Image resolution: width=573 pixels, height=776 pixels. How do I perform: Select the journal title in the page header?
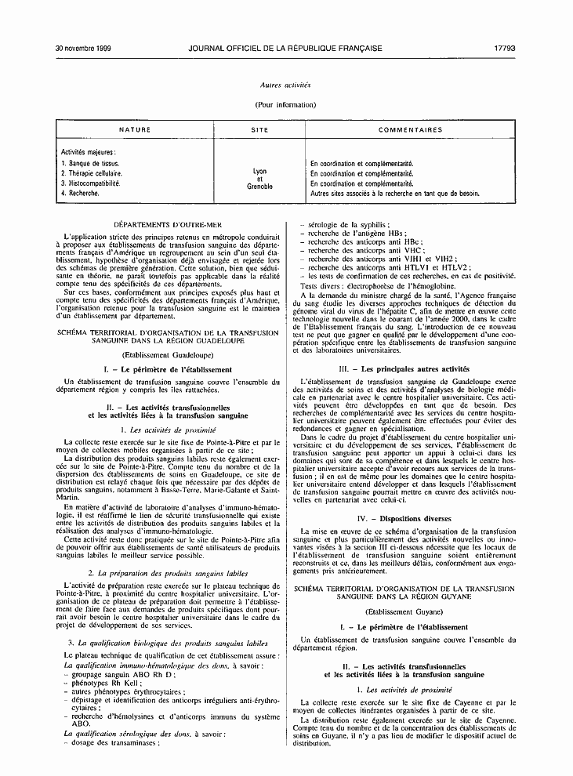tap(285, 48)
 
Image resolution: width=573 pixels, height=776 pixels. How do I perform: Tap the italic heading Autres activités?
tap(285, 84)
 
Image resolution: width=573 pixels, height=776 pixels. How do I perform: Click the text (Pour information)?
tap(285, 103)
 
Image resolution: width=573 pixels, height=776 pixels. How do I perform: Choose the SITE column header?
tap(259, 129)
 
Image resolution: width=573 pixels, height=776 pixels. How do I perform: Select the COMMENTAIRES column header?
tap(410, 129)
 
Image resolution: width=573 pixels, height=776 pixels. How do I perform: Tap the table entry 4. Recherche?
tap(80, 192)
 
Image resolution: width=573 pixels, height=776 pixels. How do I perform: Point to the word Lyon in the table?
tap(259, 171)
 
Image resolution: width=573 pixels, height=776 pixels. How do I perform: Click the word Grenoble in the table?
tap(259, 187)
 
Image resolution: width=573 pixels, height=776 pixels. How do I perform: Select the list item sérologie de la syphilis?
tap(349, 224)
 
